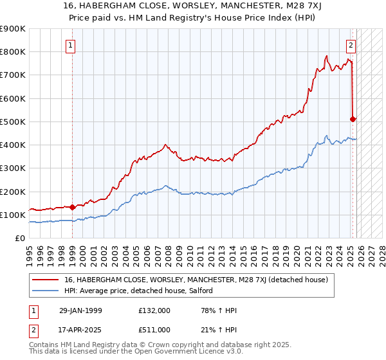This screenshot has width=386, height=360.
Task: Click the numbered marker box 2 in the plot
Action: tap(351, 45)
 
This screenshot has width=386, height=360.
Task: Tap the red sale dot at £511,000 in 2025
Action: tap(353, 119)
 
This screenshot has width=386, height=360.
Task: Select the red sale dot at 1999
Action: tap(72, 207)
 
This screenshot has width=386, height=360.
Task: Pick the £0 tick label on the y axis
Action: tap(19, 238)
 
